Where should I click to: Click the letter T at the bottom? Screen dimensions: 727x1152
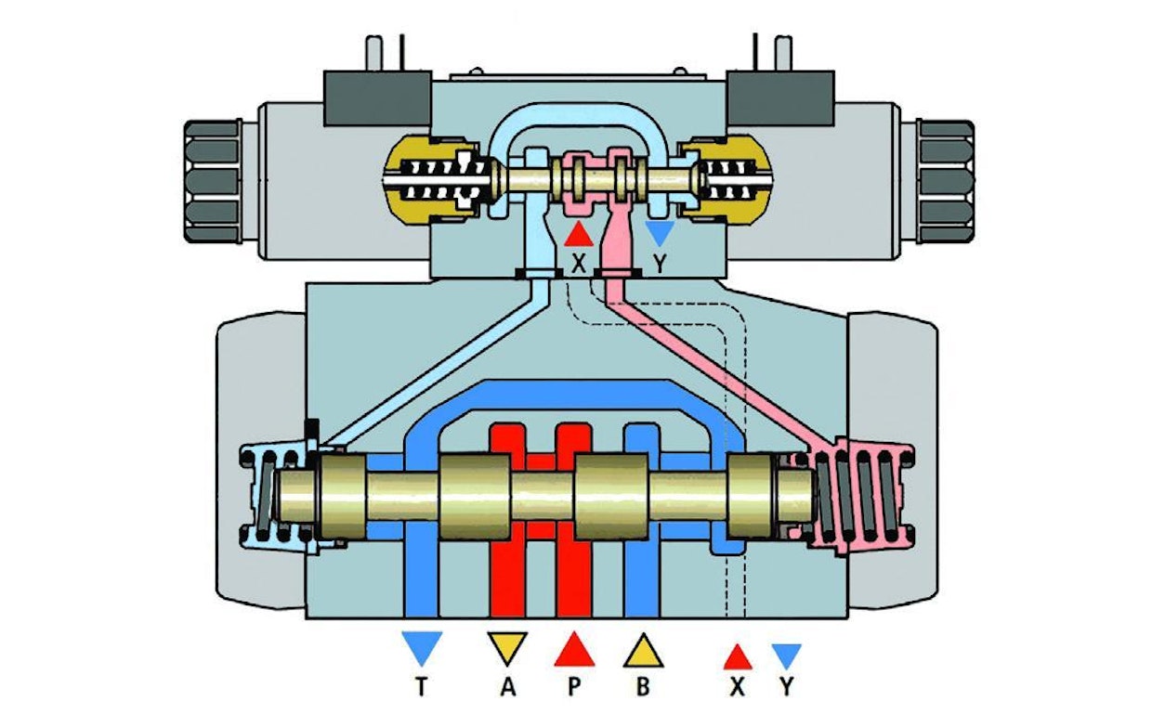420,687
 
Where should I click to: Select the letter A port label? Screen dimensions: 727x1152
506,687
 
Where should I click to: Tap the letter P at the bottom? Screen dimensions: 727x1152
574,687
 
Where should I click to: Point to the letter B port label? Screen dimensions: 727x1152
643,687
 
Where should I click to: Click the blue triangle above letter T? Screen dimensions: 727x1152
420,646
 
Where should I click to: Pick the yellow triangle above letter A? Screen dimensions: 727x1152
507,646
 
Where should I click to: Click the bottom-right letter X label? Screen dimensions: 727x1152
738,687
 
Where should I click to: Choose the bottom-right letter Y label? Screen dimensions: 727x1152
788,687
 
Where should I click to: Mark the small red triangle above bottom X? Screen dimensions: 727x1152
738,656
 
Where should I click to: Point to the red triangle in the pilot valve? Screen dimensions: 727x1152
578,233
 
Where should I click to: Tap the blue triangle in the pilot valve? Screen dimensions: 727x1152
659,232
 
